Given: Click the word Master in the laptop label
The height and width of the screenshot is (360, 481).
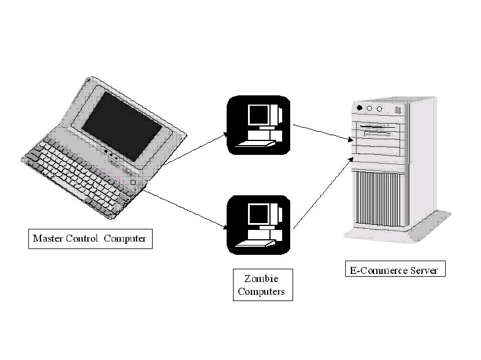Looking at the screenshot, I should tap(47, 238).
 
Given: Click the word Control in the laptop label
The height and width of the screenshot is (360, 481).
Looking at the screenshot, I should tap(83, 238).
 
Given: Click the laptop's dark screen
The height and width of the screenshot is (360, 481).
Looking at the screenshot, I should tap(121, 126).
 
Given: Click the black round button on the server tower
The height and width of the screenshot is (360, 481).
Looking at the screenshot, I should tap(360, 108).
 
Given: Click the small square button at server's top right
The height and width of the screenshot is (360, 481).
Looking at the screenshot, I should tap(397, 110).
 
